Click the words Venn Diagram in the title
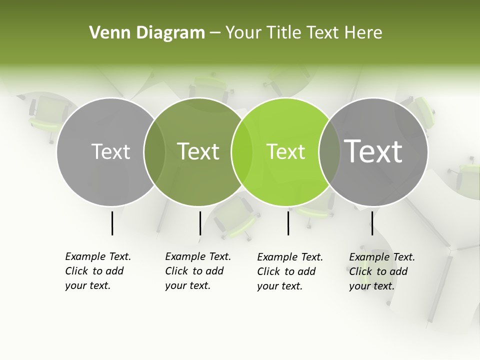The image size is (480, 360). (x=147, y=33)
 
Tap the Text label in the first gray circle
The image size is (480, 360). (x=110, y=151)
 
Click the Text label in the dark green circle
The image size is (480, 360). (x=198, y=151)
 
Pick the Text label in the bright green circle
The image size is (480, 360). (x=286, y=151)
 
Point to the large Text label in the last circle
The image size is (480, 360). (x=373, y=151)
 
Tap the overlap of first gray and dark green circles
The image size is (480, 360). (x=154, y=151)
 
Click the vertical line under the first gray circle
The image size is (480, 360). (x=112, y=223)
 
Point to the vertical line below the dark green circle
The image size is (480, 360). (x=200, y=223)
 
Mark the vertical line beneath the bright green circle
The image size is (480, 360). (x=288, y=223)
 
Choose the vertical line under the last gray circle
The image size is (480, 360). (x=372, y=223)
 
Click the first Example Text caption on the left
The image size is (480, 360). (x=97, y=271)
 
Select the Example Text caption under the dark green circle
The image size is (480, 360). (x=197, y=271)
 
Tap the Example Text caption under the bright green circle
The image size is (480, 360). (x=289, y=271)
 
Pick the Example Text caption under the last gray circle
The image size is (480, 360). (x=381, y=271)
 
